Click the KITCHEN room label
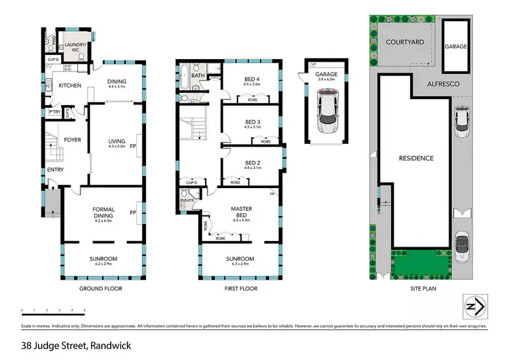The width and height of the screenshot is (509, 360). (70, 86)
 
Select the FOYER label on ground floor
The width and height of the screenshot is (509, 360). (73, 142)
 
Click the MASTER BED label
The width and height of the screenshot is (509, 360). (242, 211)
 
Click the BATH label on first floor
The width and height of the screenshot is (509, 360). (197, 76)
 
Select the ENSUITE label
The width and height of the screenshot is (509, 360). (187, 200)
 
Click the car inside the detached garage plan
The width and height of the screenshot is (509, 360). (328, 117)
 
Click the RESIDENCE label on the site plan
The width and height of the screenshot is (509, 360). (415, 158)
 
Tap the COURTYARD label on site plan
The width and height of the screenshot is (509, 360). (405, 42)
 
